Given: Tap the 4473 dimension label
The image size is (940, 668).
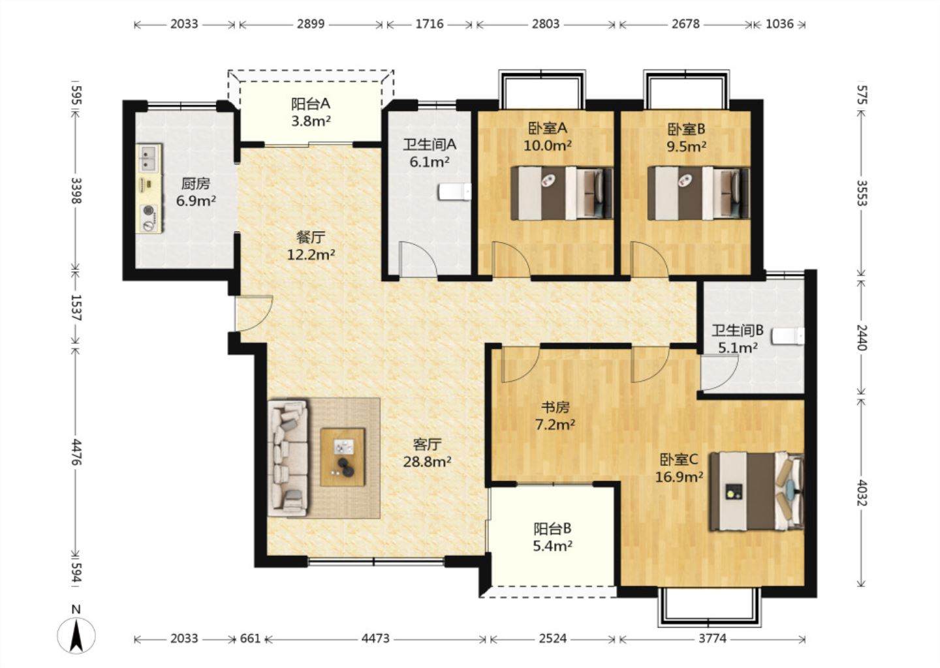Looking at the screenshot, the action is pyautogui.click(x=375, y=639).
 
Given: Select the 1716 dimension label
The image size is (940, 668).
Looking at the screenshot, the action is pyautogui.click(x=430, y=24).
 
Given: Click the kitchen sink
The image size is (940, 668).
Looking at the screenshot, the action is pyautogui.click(x=149, y=158).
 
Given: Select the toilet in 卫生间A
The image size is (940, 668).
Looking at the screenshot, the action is pyautogui.click(x=454, y=192).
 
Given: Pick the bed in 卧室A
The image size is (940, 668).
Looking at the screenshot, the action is pyautogui.click(x=562, y=193).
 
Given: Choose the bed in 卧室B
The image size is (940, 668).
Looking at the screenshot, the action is pyautogui.click(x=698, y=193).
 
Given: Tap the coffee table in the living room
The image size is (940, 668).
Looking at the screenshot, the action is pyautogui.click(x=343, y=457).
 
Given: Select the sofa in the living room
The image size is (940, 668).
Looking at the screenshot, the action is pyautogui.click(x=288, y=458).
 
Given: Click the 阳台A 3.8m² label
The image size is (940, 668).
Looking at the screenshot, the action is pyautogui.click(x=311, y=112).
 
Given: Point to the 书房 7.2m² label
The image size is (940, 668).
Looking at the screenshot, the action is pyautogui.click(x=555, y=416).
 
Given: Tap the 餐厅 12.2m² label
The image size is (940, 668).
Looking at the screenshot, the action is pyautogui.click(x=311, y=246).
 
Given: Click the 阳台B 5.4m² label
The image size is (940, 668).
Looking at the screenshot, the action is pyautogui.click(x=553, y=537).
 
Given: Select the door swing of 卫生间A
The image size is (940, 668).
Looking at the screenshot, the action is pyautogui.click(x=418, y=259).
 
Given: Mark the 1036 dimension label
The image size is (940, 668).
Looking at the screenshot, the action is pyautogui.click(x=779, y=24).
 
